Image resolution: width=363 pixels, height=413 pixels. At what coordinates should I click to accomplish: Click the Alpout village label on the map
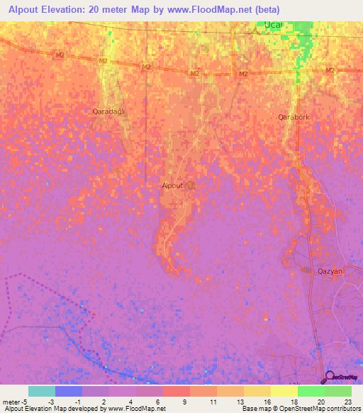(x=172, y=185)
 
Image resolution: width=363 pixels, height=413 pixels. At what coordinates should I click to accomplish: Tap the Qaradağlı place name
(x=108, y=111)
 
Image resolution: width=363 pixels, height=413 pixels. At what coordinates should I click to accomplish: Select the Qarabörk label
(x=294, y=116)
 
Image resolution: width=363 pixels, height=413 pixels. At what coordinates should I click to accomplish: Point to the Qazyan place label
(x=330, y=271)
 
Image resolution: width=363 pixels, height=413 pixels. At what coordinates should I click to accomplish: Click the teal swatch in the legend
(x=41, y=391)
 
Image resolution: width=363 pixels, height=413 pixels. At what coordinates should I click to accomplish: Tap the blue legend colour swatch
(x=68, y=391)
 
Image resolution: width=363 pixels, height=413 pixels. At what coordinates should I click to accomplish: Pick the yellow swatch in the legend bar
(x=284, y=391)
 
